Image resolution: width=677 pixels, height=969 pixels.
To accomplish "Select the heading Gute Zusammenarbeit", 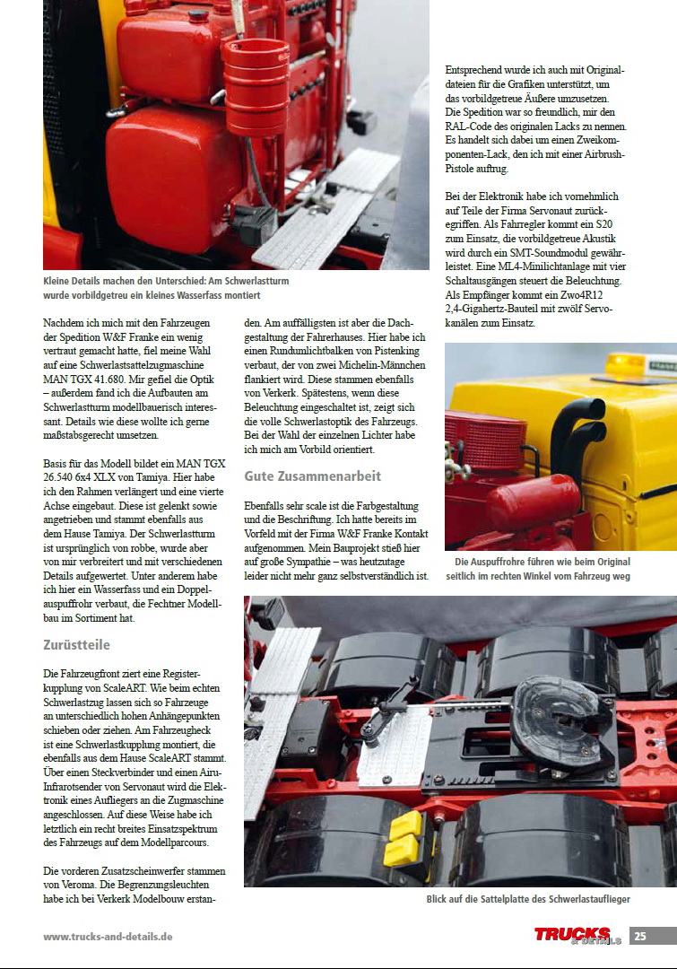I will (312, 476).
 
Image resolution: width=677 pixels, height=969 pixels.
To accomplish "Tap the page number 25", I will (640, 936).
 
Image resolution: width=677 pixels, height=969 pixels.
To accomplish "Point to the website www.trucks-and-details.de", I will (108, 937).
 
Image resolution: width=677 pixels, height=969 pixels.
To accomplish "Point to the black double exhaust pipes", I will (575, 431).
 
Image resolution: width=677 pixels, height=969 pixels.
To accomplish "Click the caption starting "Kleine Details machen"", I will (166, 288).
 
